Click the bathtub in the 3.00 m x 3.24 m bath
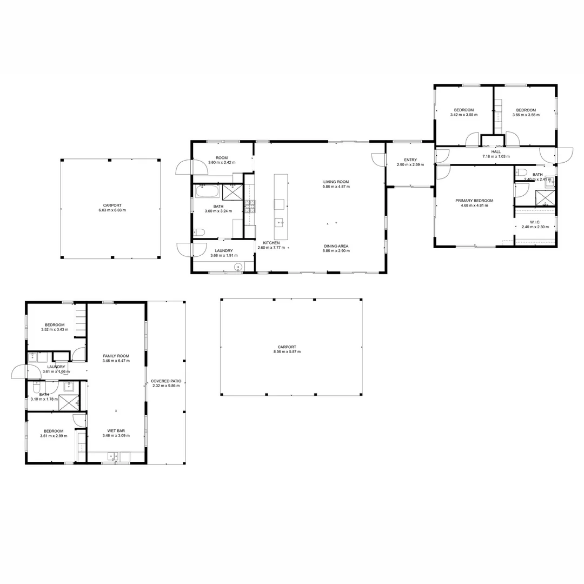pos(207,191)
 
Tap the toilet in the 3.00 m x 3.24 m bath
pos(198,233)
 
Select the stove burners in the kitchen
pos(250,205)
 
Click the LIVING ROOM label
pos(336,182)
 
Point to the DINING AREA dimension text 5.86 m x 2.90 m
pos(336,251)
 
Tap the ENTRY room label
pos(410,160)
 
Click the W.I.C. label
pos(535,222)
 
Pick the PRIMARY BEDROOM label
pos(474,201)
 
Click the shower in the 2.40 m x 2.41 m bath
pos(545,198)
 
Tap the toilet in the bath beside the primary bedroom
pos(521,173)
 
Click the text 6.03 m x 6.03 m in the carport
pos(111,210)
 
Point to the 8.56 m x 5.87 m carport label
pos(287,351)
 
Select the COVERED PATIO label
pos(165,381)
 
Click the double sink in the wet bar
pos(114,455)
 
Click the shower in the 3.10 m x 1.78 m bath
pos(69,402)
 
